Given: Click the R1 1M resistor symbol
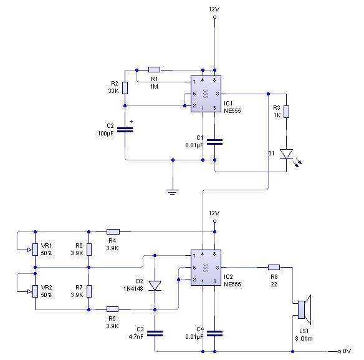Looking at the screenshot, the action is (154, 69).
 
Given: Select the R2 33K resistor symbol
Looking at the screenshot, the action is (125, 88).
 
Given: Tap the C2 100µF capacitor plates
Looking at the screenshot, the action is (125, 130).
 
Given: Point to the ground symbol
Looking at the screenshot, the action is (173, 192).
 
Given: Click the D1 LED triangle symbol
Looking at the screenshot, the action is (286, 154).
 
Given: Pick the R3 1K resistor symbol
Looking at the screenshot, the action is (287, 112).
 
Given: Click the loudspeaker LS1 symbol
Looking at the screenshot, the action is (304, 309).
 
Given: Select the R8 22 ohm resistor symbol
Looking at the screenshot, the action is (274, 267).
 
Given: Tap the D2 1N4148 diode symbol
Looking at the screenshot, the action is (155, 286).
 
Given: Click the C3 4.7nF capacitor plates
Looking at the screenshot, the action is (155, 334).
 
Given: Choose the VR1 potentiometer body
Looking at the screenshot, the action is (35, 250).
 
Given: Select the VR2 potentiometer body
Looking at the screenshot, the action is (35, 291).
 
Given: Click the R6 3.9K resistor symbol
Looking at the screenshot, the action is (89, 250).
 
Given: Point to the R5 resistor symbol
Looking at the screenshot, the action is (113, 309).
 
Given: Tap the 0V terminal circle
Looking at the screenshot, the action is (339, 352).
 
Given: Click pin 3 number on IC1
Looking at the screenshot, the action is (218, 94).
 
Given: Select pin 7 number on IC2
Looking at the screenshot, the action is (194, 256).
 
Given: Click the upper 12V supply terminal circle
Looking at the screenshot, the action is (215, 17).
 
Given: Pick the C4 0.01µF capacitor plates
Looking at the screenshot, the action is (214, 334).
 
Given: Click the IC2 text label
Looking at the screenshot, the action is (228, 276).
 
